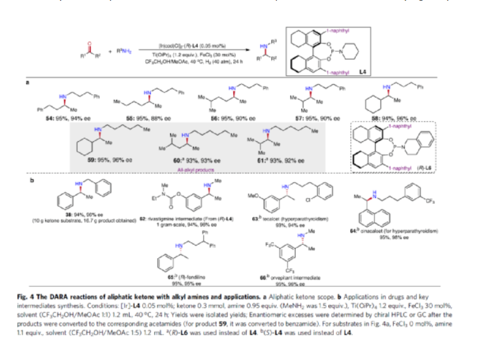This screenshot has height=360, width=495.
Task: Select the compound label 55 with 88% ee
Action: point(150,119)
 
